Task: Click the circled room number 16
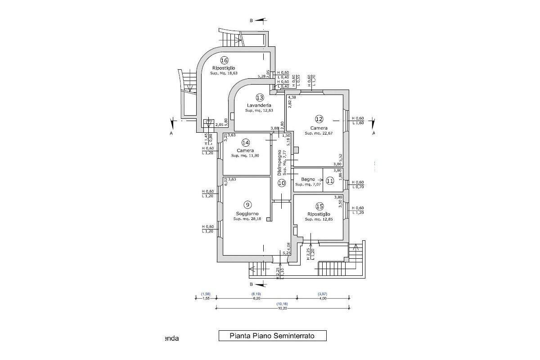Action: coord(224,60)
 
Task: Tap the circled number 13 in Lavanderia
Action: coord(260,97)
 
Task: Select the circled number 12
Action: coord(319,119)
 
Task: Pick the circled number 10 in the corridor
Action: coord(282,183)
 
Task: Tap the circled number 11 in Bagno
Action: coord(330,181)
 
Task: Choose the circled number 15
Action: coord(319,206)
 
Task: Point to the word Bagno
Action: coord(308,179)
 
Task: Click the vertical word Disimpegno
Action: coord(279,162)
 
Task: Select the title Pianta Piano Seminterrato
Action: coord(272,335)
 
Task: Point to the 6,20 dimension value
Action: coord(256,298)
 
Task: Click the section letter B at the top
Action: coord(252,20)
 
